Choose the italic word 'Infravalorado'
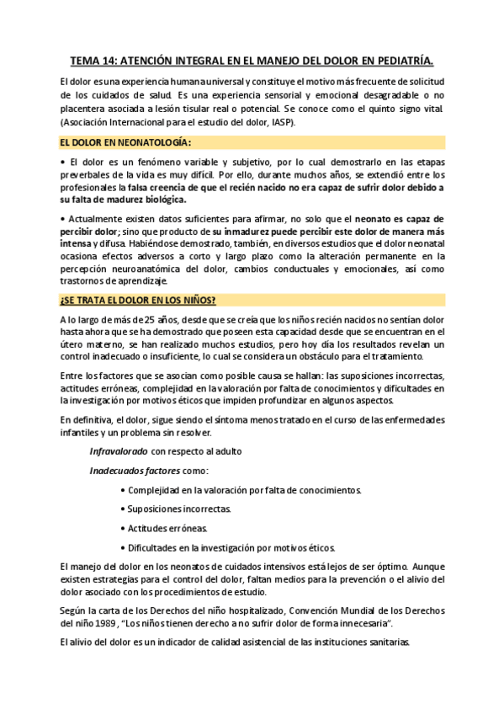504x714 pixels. (x=119, y=451)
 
